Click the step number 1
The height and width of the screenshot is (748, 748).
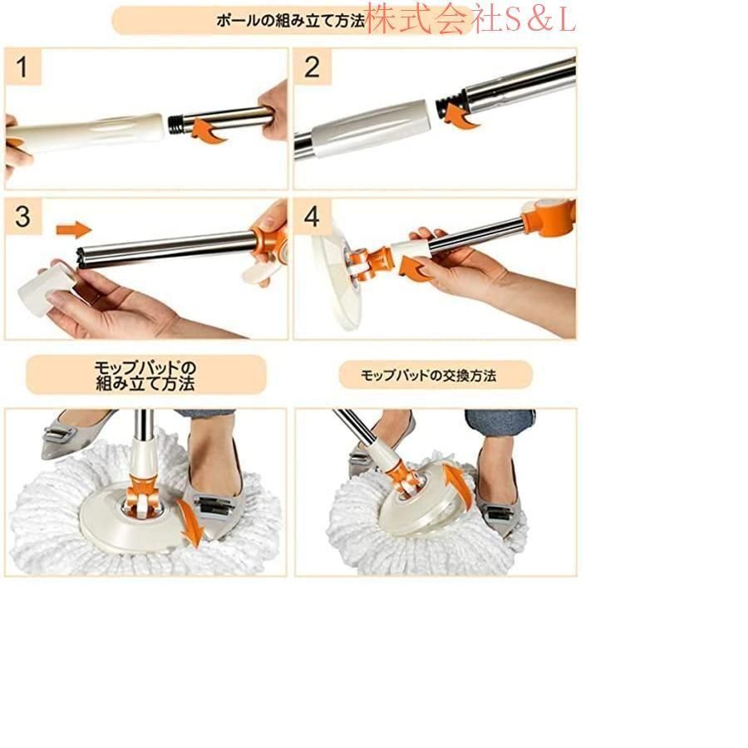click(x=22, y=66)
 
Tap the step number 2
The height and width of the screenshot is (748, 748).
click(x=312, y=66)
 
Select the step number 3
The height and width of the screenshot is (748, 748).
click(x=22, y=217)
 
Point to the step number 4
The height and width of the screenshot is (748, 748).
click(x=312, y=217)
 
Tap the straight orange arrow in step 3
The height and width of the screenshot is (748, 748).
click(x=73, y=230)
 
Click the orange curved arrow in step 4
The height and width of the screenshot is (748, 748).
click(x=414, y=269)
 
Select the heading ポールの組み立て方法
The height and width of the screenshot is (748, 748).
click(x=291, y=21)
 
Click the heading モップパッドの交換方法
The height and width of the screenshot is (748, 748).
click(x=428, y=376)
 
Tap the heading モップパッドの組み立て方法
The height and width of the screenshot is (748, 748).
click(x=145, y=376)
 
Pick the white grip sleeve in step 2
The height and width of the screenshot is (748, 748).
click(x=372, y=128)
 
